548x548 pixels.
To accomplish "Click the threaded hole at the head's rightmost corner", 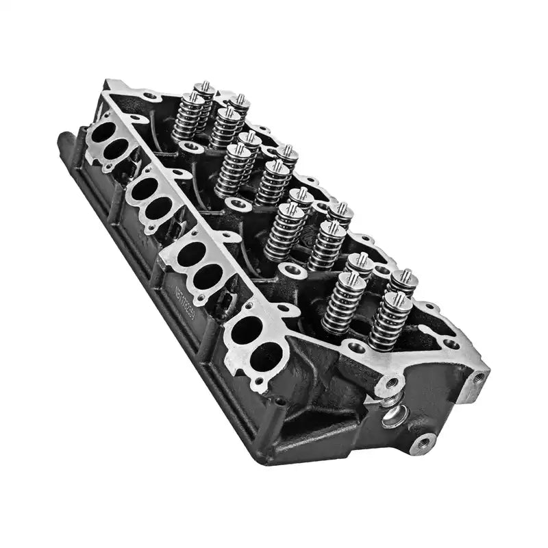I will click(477, 378).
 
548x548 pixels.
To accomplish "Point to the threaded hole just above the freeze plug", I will click(391, 384).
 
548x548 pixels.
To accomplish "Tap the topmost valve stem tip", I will click(203, 86).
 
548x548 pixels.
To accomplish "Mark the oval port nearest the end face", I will click(266, 357).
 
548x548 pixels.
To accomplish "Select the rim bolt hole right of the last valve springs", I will click(450, 344).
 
